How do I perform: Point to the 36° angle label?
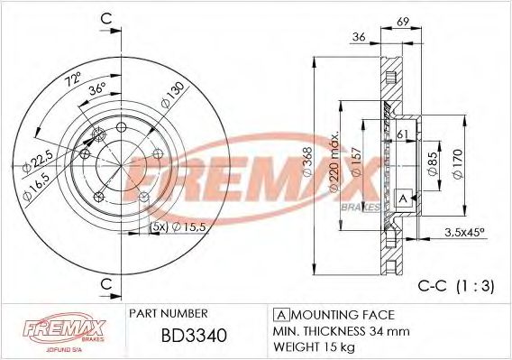pyautogui.click(x=97, y=90)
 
